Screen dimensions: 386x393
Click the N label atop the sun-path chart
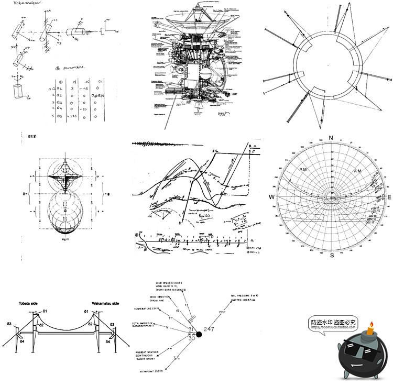(x=331, y=138)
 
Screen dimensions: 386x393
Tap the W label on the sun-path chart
(x=272, y=197)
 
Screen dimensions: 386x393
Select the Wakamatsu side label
(x=106, y=303)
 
